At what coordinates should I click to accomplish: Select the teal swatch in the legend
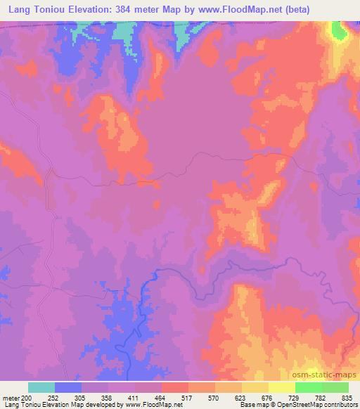[41, 387]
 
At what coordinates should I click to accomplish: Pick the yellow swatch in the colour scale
[282, 387]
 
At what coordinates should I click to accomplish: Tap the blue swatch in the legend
[68, 387]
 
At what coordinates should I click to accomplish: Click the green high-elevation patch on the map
[339, 30]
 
